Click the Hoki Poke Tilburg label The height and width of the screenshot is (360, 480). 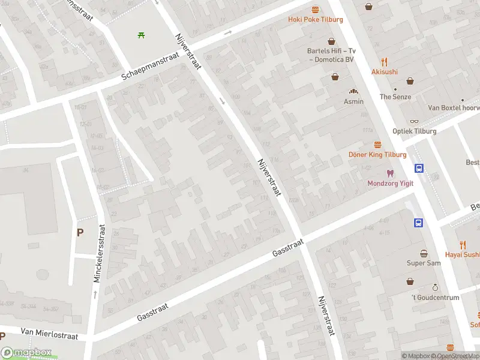pos(316,20)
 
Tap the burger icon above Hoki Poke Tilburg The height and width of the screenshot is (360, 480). pos(316,9)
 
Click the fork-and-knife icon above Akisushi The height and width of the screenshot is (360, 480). pos(384,61)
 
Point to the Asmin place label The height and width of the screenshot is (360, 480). pos(354,101)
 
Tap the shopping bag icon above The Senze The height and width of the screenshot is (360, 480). pos(410,81)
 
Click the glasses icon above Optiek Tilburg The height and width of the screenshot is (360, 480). pos(415,121)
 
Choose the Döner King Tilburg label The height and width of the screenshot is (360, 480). pos(377,155)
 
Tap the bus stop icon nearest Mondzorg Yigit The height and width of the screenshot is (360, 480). pos(419,169)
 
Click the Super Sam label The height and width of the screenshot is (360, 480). pos(424,263)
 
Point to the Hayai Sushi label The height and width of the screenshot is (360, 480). pos(462,254)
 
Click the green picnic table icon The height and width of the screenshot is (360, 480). pos(141,35)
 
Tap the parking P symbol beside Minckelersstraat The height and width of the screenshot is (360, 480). pos(79,232)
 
